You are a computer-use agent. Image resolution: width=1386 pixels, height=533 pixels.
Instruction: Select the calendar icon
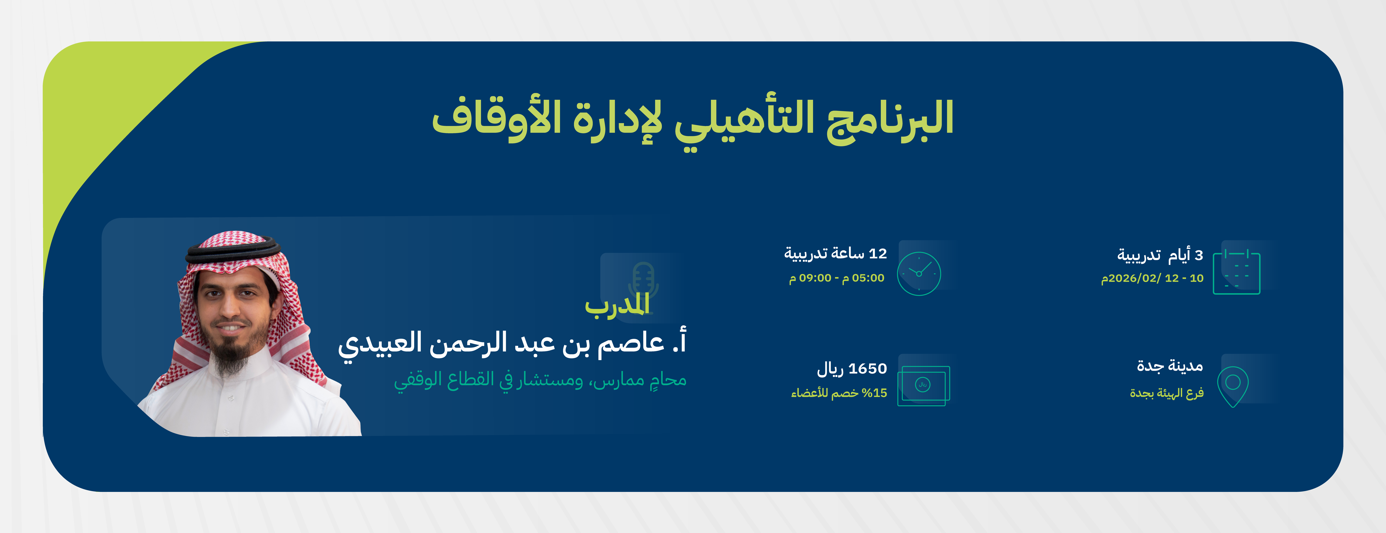(1236, 272)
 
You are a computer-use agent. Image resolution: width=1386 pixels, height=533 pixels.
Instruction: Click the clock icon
(919, 273)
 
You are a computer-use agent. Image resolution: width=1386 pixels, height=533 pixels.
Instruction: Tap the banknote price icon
(923, 385)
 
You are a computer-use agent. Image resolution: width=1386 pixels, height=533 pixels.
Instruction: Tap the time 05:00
(868, 278)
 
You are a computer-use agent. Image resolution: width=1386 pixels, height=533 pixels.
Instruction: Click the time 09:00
(815, 278)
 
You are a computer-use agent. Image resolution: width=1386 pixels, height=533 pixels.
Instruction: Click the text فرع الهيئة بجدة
(1167, 393)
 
